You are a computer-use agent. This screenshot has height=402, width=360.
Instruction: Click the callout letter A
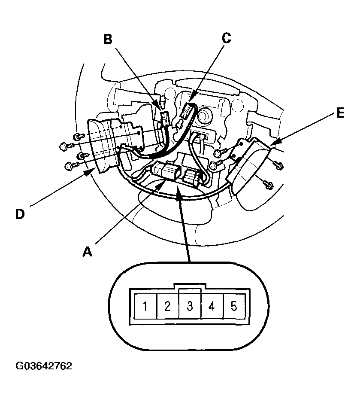pyautogui.click(x=88, y=252)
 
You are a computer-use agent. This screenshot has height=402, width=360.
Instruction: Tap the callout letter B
pyautogui.click(x=108, y=40)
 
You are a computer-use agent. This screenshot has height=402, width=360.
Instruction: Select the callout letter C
pyautogui.click(x=226, y=39)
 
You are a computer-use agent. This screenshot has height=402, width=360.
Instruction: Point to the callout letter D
pyautogui.click(x=19, y=213)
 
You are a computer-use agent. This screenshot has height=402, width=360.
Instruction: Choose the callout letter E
pyautogui.click(x=339, y=113)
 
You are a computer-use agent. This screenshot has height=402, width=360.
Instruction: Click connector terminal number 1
pyautogui.click(x=145, y=307)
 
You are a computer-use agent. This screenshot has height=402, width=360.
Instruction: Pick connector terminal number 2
pyautogui.click(x=168, y=307)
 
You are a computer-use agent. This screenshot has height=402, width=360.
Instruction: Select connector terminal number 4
pyautogui.click(x=212, y=307)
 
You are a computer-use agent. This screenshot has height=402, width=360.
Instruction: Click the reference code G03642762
pyautogui.click(x=44, y=366)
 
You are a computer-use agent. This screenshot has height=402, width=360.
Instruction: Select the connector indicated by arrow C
pyautogui.click(x=188, y=111)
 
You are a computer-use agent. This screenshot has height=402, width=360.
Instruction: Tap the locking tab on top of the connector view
pyautogui.click(x=190, y=286)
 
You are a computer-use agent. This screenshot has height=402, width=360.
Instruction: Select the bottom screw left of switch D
pyautogui.click(x=70, y=164)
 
